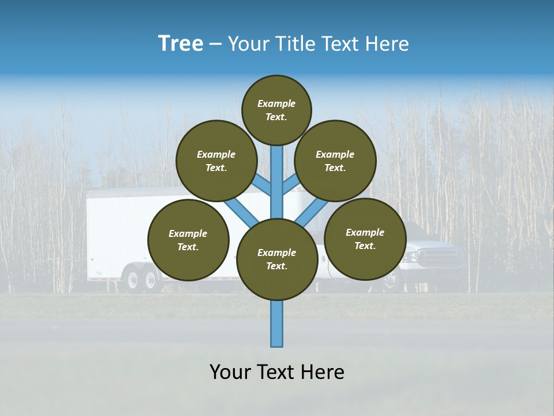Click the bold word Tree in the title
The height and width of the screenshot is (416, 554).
(x=181, y=44)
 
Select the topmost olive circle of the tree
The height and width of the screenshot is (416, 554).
(x=276, y=110)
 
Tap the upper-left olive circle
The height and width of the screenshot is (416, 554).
(x=216, y=161)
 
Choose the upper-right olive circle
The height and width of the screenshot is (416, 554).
(x=335, y=161)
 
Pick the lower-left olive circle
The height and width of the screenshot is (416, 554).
(x=188, y=240)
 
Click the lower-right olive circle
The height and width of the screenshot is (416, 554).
(x=365, y=239)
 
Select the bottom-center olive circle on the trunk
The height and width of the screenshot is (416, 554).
(x=277, y=259)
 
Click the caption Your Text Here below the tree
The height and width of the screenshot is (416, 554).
(x=277, y=372)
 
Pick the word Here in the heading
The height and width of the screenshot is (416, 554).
(x=387, y=44)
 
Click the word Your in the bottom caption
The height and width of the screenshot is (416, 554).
(x=230, y=372)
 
